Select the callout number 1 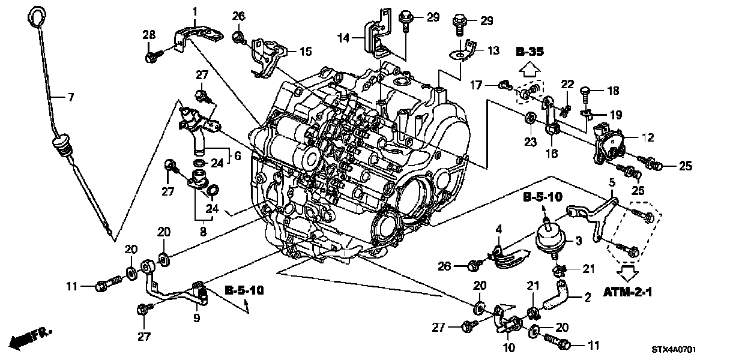click(195, 11)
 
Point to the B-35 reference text click(529, 53)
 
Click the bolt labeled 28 click(151, 58)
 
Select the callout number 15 click(305, 52)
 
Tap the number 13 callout click(493, 51)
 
